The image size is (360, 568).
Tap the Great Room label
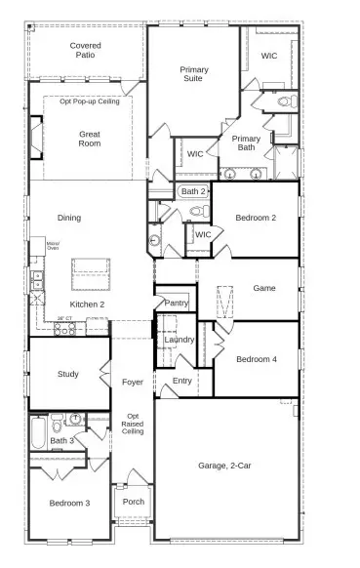(90, 140)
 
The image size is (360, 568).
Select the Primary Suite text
(193, 75)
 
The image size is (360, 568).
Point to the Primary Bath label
(246, 144)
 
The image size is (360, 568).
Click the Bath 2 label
(193, 191)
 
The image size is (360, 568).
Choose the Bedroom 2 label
(256, 218)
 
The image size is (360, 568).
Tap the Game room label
(264, 288)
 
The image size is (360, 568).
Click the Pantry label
(177, 304)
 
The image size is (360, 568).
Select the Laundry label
(180, 340)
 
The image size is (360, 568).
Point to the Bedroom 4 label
(256, 359)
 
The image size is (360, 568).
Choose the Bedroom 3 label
(70, 504)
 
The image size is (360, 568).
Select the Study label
(67, 374)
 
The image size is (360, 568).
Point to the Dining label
(69, 218)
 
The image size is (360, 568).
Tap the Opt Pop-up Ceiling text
(90, 101)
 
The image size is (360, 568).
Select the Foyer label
(133, 382)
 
